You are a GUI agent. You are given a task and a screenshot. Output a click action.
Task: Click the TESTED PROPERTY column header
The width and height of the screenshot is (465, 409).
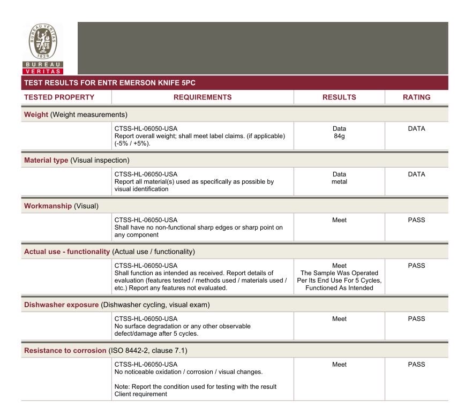pos(59,97)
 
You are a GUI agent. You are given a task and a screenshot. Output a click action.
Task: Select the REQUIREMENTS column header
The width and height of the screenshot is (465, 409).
pos(202,97)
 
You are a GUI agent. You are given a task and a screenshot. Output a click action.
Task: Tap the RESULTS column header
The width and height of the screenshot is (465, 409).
pos(339,97)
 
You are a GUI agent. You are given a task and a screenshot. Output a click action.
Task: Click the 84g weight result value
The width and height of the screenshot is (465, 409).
pos(339,136)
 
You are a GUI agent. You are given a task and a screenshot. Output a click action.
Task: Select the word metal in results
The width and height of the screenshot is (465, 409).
pos(339,181)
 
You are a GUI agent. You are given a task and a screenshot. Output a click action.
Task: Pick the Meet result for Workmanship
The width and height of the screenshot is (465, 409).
pos(339,219)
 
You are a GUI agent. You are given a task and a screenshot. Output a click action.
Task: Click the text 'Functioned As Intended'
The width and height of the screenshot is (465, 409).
pos(339,288)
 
